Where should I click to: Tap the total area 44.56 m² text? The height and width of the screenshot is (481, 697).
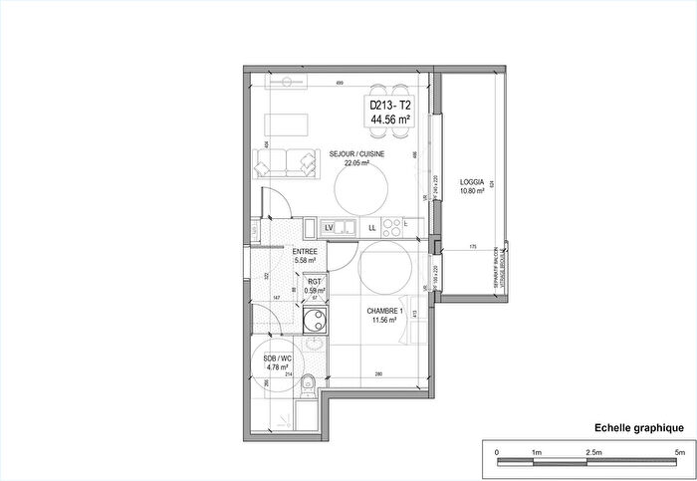389,119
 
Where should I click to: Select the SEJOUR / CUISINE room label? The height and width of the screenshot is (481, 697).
357,154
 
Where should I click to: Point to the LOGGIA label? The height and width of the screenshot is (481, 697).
472,181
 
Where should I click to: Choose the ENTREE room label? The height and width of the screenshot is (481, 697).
305,252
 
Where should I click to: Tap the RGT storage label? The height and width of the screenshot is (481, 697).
315,282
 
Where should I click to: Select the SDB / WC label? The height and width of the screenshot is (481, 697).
276,359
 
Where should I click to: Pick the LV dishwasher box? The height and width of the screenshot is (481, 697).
328,228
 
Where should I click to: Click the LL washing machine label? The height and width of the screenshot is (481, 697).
372,228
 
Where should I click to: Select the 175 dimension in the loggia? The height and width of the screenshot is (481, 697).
473,246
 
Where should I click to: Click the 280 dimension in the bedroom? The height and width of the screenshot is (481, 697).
379,374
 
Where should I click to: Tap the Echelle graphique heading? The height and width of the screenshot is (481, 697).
638,427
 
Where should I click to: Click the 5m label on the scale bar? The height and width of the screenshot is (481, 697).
681,453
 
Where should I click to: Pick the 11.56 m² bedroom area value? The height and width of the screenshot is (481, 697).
386,320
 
